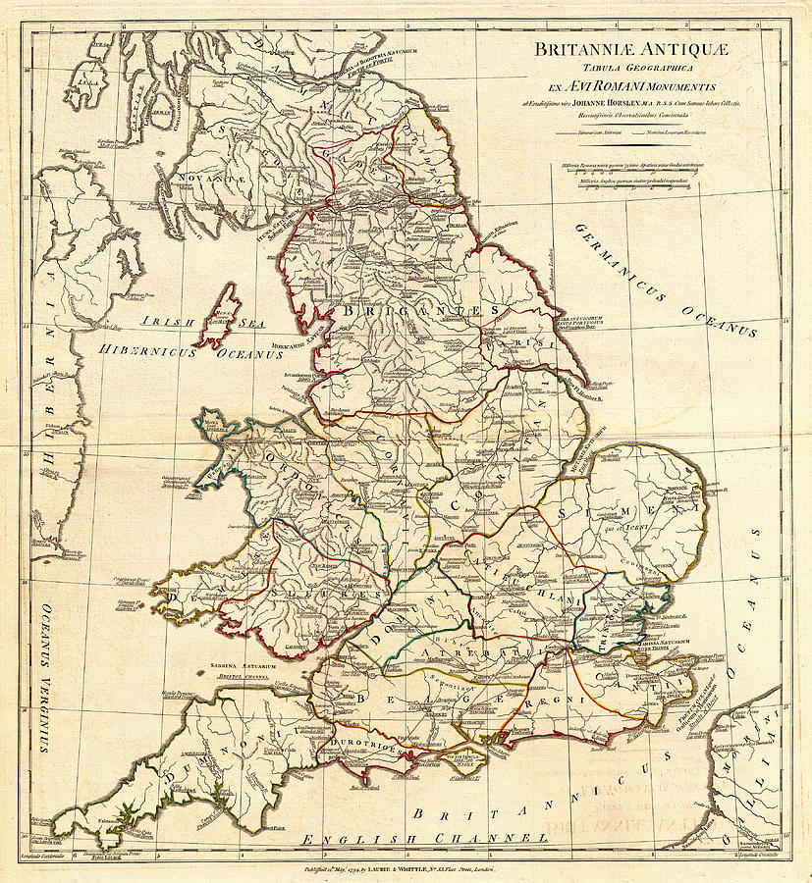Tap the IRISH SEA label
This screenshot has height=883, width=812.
click(169, 321)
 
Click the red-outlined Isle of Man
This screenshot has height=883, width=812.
click(218, 315)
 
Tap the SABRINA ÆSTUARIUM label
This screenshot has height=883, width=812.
click(242, 667)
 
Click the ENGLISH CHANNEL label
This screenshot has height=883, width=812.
click(424, 840)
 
